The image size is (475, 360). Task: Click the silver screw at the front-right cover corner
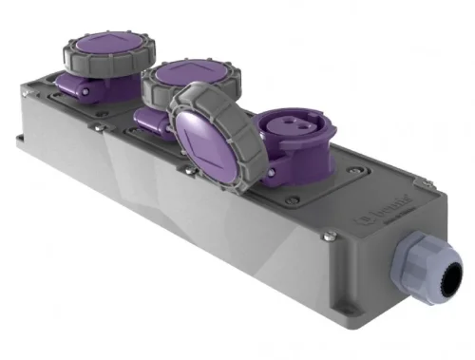coord(327,235)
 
